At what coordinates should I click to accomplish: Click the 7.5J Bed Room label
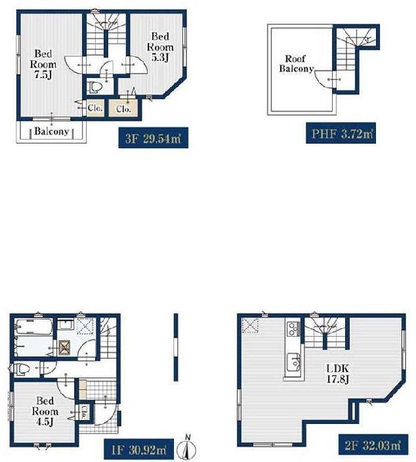pyautogui.click(x=43, y=64)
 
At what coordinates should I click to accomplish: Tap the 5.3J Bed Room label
pyautogui.click(x=160, y=47)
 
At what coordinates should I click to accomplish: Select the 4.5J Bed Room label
pyautogui.click(x=45, y=411)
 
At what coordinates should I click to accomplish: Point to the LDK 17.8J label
pyautogui.click(x=338, y=373)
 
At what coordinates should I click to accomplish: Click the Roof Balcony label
pyautogui.click(x=296, y=64)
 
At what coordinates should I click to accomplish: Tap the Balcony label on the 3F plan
pyautogui.click(x=52, y=131)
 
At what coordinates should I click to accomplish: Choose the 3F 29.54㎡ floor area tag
pyautogui.click(x=153, y=138)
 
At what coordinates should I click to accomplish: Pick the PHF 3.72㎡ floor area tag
pyautogui.click(x=341, y=133)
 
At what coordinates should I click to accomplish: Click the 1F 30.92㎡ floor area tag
pyautogui.click(x=138, y=450)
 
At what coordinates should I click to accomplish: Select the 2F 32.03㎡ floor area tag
pyautogui.click(x=373, y=445)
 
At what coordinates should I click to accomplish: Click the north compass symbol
pyautogui.click(x=187, y=448)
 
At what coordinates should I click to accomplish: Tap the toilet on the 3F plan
pyautogui.click(x=95, y=87)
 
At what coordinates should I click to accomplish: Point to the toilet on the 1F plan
pyautogui.click(x=20, y=369)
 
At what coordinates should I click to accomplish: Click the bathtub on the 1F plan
pyautogui.click(x=34, y=326)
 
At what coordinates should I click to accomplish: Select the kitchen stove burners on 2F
pyautogui.click(x=293, y=329)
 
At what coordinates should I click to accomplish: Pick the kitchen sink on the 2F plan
pyautogui.click(x=293, y=362)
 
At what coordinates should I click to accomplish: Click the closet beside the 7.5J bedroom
pyautogui.click(x=95, y=108)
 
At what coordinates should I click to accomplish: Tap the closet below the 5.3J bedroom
pyautogui.click(x=123, y=108)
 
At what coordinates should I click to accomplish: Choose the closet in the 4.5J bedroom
pyautogui.click(x=84, y=412)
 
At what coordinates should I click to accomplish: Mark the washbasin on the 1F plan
pyautogui.click(x=64, y=325)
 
